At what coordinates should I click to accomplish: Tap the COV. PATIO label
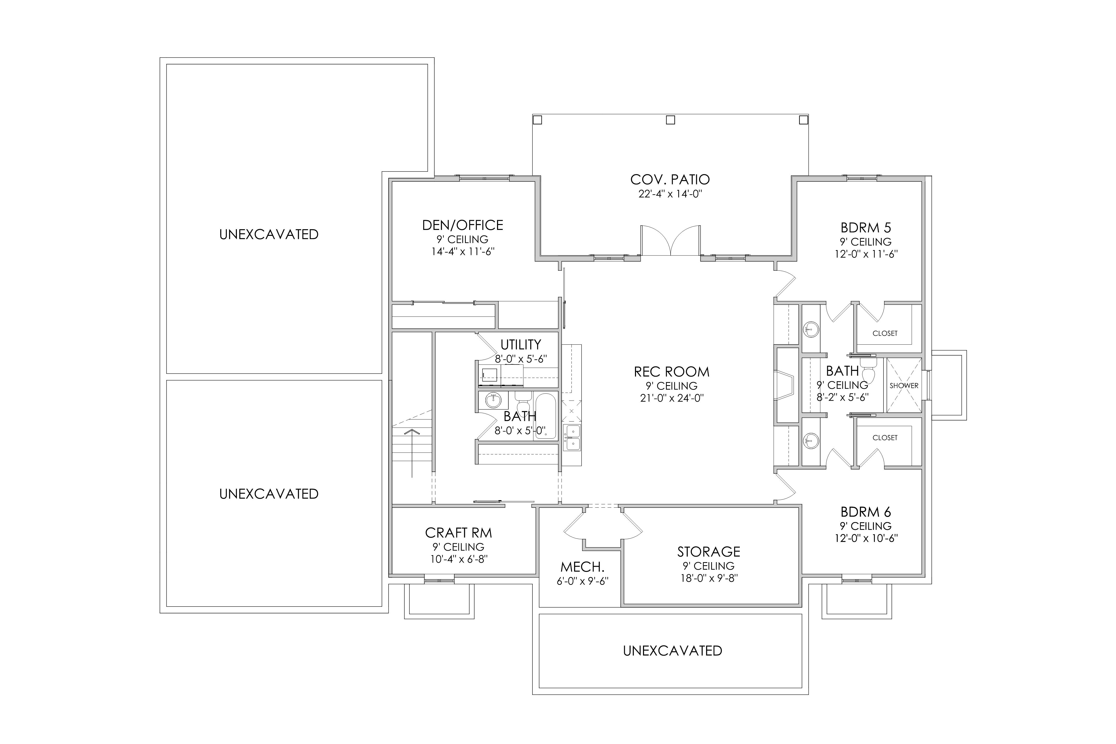click(x=670, y=179)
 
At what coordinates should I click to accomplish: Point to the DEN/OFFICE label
click(x=463, y=225)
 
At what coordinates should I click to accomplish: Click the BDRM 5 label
click(x=866, y=228)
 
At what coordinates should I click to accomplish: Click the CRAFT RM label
click(x=458, y=533)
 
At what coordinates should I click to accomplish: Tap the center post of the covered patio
click(x=670, y=120)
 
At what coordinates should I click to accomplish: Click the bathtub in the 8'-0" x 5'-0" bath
click(x=545, y=416)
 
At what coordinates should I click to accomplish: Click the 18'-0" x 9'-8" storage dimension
click(x=709, y=578)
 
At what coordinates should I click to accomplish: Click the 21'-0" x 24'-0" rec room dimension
click(x=671, y=398)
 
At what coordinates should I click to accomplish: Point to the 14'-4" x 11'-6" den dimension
click(x=463, y=251)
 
